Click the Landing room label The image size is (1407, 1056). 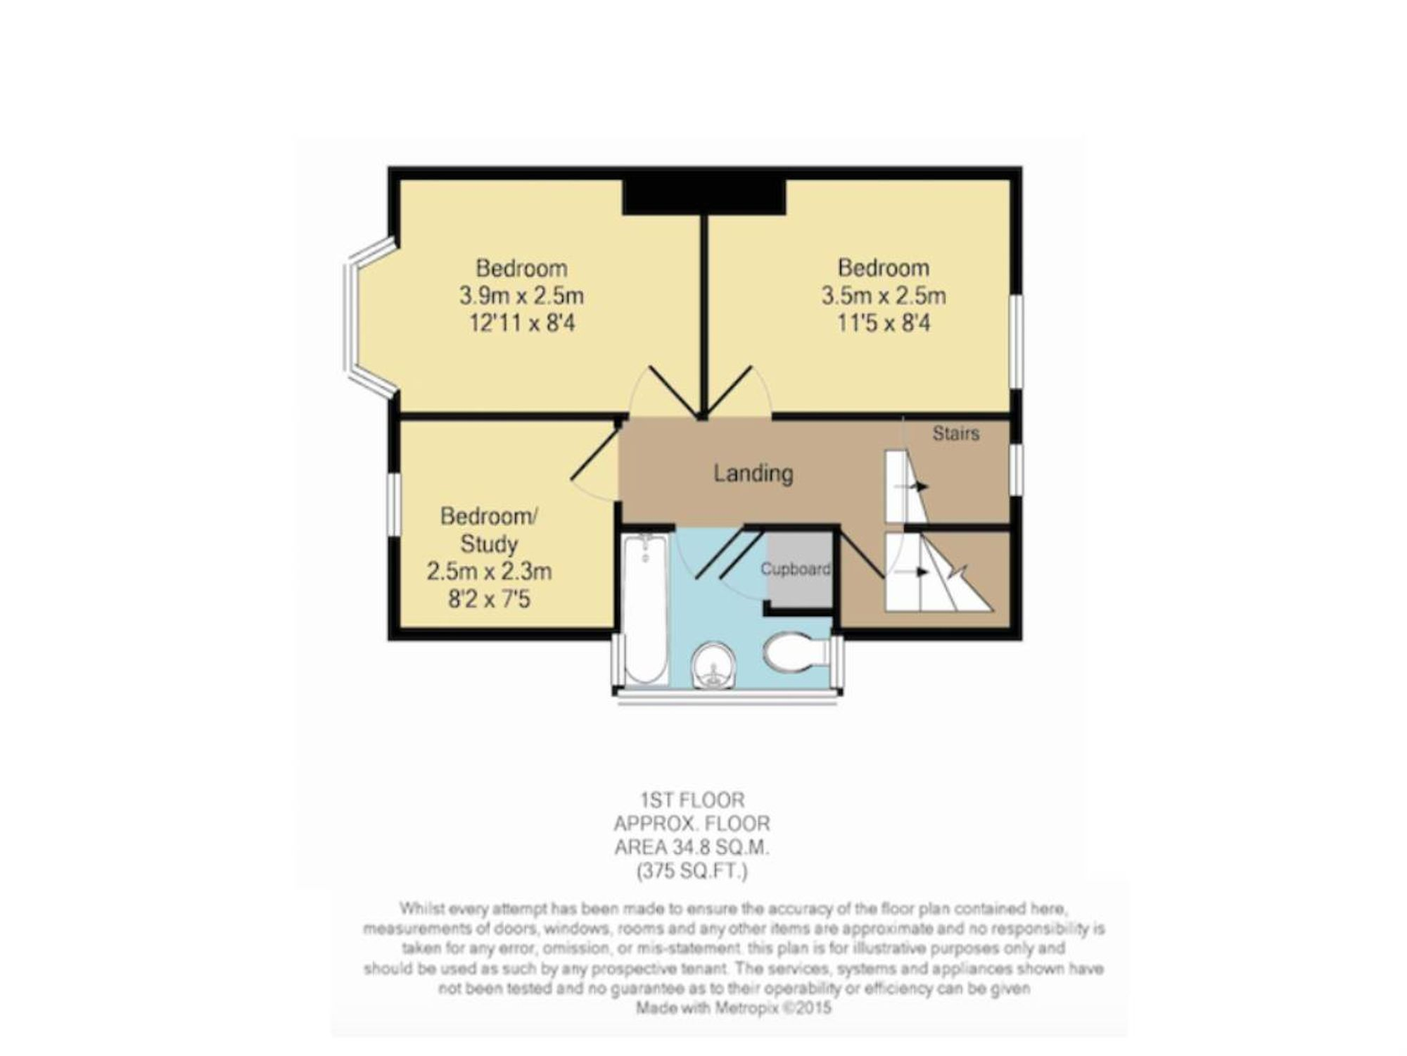(x=753, y=473)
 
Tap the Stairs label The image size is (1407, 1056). (x=955, y=434)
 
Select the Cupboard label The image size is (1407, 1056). (x=796, y=569)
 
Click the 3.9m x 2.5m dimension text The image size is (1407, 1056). (x=521, y=295)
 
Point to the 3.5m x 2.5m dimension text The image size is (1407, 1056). (x=884, y=295)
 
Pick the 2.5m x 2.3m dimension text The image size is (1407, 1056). (x=489, y=571)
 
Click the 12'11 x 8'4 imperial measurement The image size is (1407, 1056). (x=521, y=323)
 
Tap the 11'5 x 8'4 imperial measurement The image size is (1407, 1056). (x=884, y=323)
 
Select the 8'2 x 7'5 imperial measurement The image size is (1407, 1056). (x=489, y=599)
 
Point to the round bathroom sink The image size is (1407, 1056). (x=713, y=665)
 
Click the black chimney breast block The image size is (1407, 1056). (x=703, y=196)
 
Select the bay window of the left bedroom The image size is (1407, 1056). (x=369, y=318)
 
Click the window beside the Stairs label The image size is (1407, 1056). (x=1017, y=469)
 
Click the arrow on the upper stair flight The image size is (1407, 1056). (x=911, y=486)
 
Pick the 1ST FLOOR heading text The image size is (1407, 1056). (x=692, y=800)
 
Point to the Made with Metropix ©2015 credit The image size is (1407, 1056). (x=734, y=1008)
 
